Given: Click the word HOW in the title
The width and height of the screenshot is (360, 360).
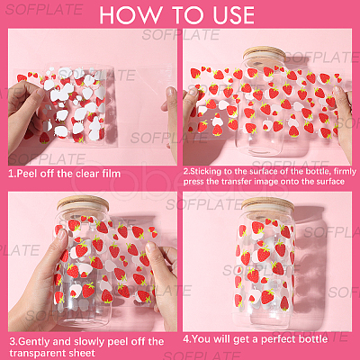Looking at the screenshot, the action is point(130,14).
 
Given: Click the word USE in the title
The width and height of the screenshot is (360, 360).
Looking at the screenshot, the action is point(234,14).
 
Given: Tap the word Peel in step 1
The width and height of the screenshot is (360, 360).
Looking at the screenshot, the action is point(28,174).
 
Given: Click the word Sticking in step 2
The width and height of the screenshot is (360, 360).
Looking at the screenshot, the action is point(206,172).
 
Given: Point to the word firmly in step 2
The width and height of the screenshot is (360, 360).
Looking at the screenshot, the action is point(345,172).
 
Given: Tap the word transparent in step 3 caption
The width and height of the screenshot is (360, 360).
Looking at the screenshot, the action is point(34,353).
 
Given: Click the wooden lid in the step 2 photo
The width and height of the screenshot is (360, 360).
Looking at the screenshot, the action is point(265,53).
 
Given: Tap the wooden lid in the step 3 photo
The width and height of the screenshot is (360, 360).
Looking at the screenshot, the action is point(83,203).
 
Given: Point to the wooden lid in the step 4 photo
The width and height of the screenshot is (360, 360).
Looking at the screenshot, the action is point(268,204).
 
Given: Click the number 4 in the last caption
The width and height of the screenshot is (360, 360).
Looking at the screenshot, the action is point(186,339).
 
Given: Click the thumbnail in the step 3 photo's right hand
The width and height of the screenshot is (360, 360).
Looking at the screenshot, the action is point(150,247).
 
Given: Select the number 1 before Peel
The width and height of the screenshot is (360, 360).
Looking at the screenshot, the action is point(11,174).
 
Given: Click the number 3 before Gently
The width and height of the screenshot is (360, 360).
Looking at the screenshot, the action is point(13,342).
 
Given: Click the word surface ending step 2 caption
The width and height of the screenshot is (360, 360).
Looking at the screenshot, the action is point(330,182).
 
